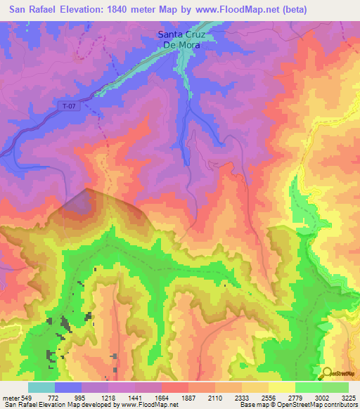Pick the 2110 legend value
[216, 397]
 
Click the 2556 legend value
[269, 397]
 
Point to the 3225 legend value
[348, 397]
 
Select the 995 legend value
[82, 397]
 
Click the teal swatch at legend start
[41, 387]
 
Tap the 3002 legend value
[323, 397]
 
